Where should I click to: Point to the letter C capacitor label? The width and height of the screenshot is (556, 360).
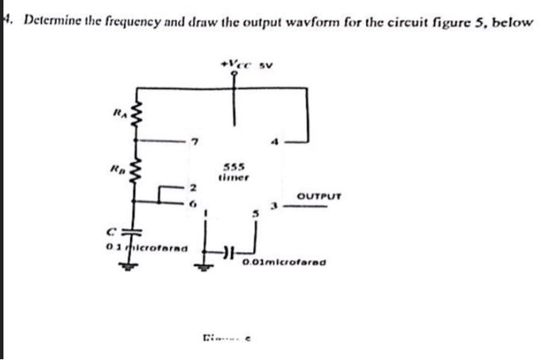pos(116,232)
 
